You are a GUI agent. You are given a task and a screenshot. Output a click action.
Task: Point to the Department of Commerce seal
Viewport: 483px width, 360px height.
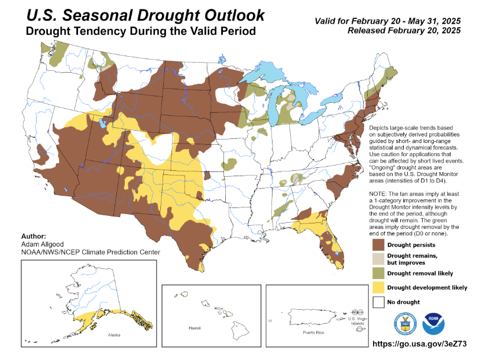coord(406,323)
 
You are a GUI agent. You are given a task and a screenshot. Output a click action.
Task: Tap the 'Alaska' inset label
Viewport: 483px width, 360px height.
coord(115,335)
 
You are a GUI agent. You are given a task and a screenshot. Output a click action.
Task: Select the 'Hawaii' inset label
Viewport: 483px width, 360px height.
coord(195,327)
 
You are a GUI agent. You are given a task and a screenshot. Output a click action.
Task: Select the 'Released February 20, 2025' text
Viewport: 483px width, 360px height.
coord(404,30)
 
